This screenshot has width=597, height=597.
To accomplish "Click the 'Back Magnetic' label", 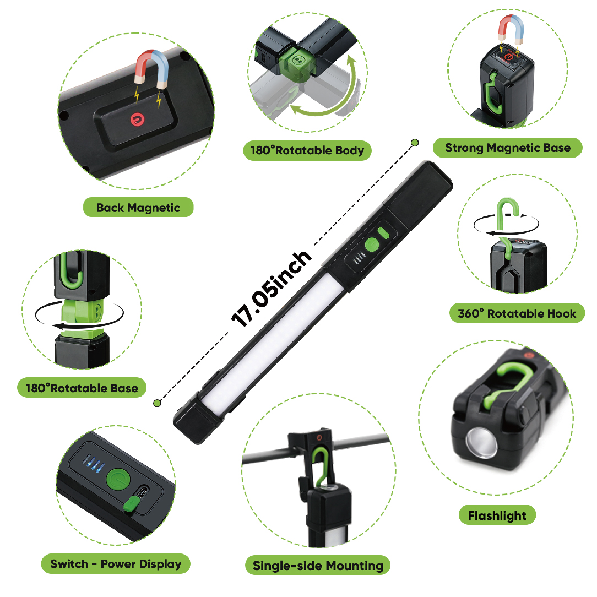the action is click(138, 208).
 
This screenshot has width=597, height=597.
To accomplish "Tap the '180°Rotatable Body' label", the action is click(307, 150).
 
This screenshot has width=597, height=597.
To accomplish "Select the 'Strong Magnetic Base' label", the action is click(508, 148).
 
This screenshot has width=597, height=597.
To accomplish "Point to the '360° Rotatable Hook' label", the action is click(517, 313).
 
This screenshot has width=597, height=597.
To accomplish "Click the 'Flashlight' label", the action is click(497, 515).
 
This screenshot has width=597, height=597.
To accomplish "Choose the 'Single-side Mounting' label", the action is click(318, 566).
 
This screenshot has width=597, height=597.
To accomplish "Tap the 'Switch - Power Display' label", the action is click(116, 564).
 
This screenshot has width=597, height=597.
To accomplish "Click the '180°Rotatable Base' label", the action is click(82, 388).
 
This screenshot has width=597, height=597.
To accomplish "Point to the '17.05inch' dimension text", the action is click(271, 289).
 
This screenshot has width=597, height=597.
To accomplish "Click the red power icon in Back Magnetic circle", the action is click(137, 120).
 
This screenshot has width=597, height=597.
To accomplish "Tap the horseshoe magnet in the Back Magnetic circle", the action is click(151, 68).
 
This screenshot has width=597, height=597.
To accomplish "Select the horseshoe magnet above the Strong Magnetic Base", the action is click(511, 28).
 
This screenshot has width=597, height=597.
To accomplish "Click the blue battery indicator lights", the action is click(93, 464).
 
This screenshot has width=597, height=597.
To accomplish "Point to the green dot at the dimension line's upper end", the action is click(415, 143).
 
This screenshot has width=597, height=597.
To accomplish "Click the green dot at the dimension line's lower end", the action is click(157, 403).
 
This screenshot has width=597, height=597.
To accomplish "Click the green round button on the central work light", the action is click(372, 245).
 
